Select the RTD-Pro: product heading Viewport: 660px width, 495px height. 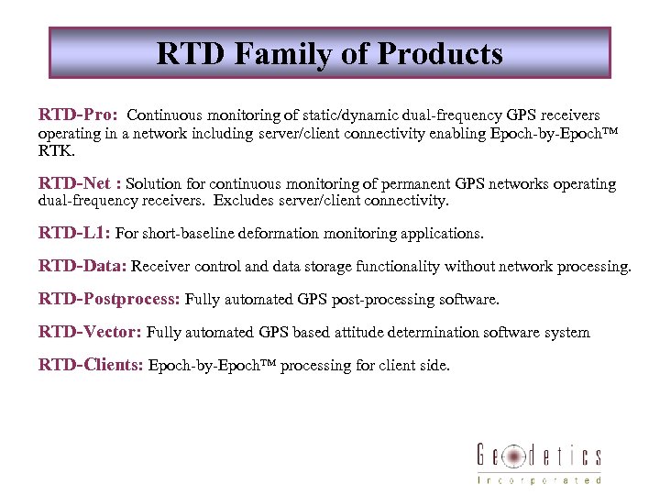click(x=77, y=115)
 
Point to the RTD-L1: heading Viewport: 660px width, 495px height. click(x=74, y=233)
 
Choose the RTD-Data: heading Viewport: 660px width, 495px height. click(x=82, y=267)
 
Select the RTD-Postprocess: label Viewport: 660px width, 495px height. click(x=109, y=300)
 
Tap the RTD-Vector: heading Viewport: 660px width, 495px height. click(x=90, y=332)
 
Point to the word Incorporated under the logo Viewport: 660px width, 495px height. click(x=539, y=479)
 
